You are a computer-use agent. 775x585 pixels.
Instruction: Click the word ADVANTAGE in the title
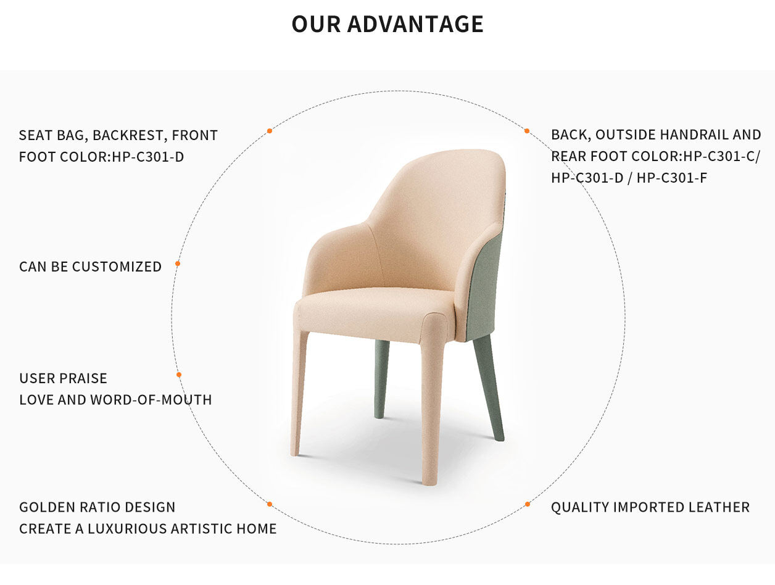click(415, 24)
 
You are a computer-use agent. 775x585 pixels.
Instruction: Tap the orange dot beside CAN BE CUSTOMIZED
click(178, 263)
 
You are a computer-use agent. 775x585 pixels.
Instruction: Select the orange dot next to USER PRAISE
click(179, 375)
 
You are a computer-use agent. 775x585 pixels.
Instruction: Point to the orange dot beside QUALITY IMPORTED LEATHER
click(528, 504)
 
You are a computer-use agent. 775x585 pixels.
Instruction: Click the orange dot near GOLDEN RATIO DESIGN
click(270, 504)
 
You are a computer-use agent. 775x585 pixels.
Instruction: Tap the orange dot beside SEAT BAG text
click(270, 131)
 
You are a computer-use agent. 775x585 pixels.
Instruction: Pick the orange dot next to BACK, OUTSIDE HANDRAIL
click(527, 131)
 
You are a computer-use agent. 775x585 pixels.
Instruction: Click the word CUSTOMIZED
click(117, 267)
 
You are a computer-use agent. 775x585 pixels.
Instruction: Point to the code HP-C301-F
click(671, 178)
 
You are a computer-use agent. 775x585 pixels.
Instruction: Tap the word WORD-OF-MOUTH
click(151, 400)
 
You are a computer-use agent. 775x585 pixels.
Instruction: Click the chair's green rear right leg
click(489, 388)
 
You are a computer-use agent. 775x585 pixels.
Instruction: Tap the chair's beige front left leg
click(299, 392)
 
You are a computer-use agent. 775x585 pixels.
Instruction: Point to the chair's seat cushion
click(375, 310)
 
